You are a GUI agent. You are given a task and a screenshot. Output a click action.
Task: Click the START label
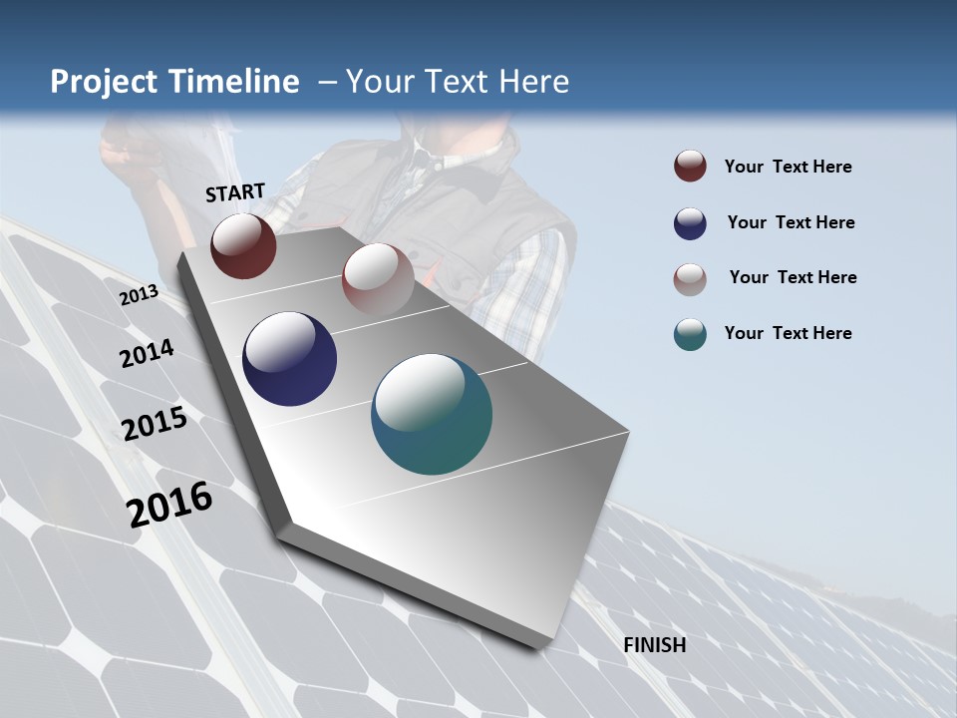pyautogui.click(x=235, y=192)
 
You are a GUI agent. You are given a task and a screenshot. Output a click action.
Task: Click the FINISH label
pyautogui.click(x=654, y=645)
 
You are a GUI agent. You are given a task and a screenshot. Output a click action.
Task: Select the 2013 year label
pyautogui.click(x=139, y=295)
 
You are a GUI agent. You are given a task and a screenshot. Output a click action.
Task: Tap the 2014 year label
pyautogui.click(x=147, y=354)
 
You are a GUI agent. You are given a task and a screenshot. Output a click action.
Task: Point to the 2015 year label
pyautogui.click(x=155, y=424)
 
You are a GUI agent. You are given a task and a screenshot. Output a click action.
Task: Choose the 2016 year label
pyautogui.click(x=169, y=505)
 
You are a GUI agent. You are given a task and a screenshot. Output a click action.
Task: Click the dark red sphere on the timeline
pyautogui.click(x=243, y=245)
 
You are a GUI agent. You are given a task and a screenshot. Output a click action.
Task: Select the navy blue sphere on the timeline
pyautogui.click(x=289, y=359)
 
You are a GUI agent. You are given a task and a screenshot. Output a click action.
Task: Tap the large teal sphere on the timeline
pyautogui.click(x=432, y=414)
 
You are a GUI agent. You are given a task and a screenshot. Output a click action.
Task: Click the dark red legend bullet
pyautogui.click(x=690, y=167)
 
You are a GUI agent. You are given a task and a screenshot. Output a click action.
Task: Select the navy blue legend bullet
pyautogui.click(x=690, y=223)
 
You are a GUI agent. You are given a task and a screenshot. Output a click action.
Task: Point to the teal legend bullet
pyautogui.click(x=690, y=334)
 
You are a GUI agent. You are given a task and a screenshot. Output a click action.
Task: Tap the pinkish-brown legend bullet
pyautogui.click(x=690, y=279)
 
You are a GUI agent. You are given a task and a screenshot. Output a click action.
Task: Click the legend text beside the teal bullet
pyautogui.click(x=788, y=333)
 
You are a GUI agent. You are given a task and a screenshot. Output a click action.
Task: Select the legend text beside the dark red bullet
pyautogui.click(x=788, y=167)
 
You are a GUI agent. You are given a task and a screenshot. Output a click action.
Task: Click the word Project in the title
pyautogui.click(x=100, y=82)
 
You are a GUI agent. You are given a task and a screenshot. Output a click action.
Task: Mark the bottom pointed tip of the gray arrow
pyautogui.click(x=538, y=646)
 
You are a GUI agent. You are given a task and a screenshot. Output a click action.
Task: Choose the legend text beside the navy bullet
pyautogui.click(x=791, y=222)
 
